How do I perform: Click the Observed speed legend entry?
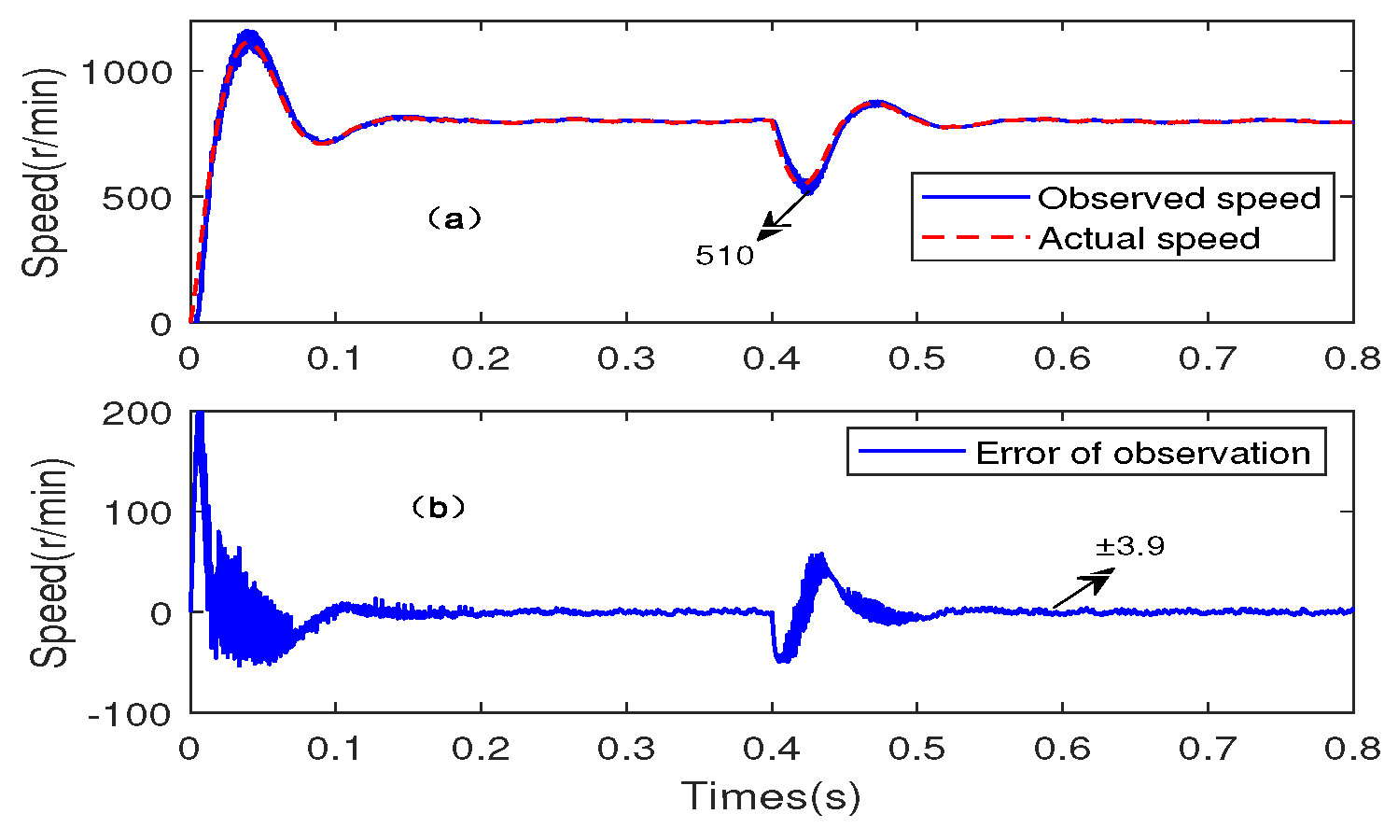[1178, 198]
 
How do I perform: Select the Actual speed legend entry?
[1149, 239]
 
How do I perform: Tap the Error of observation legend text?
[1142, 453]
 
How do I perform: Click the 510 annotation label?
[724, 256]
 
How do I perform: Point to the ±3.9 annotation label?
[1130, 546]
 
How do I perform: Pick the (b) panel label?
[438, 508]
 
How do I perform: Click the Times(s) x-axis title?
[771, 797]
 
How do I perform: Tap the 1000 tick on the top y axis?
[126, 72]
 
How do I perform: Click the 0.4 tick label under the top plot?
[772, 358]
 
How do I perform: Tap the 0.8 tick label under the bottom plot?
[1351, 749]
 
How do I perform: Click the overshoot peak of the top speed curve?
[249, 37]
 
